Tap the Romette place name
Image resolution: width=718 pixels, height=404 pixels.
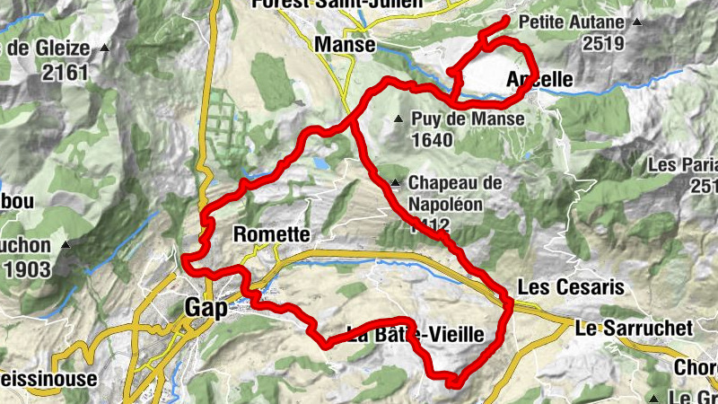pos(271,235)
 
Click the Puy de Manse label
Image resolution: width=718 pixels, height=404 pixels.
pos(455,118)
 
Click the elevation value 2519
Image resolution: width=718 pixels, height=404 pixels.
pos(602,42)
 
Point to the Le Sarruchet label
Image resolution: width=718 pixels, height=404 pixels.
pos(634,328)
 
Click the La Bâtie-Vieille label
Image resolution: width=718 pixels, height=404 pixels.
pos(416,335)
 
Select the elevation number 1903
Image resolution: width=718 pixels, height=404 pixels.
pos(30,268)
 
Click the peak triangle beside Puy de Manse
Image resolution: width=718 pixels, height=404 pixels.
pos(398,119)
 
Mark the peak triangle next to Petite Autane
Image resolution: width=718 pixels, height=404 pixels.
pos(636,21)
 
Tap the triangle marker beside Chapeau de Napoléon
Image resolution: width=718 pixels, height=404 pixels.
pos(394,183)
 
